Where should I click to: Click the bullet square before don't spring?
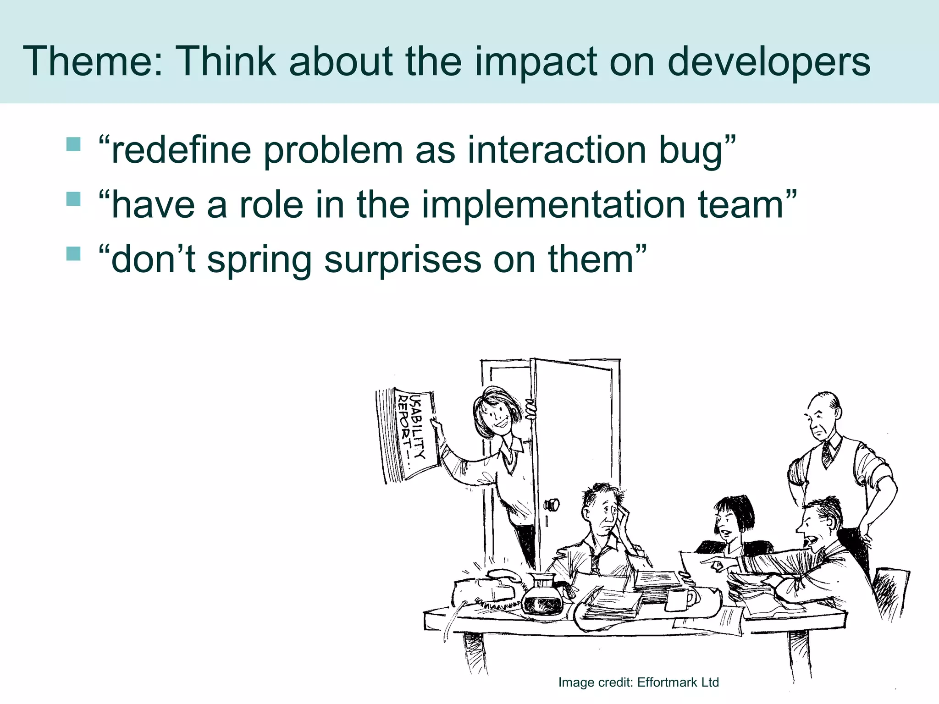pos(73,253)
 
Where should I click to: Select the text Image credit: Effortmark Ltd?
pos(638,682)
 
